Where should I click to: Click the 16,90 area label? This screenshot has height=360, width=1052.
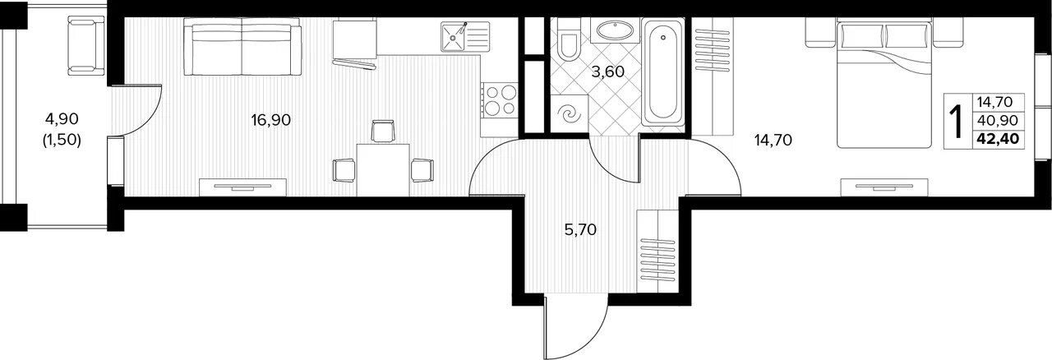click(270, 120)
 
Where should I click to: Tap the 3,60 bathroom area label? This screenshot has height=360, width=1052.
click(607, 72)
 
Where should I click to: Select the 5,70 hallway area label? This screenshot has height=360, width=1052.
click(580, 230)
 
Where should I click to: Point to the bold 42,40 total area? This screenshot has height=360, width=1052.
click(998, 140)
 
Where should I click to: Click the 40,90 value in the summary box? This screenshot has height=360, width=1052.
click(998, 121)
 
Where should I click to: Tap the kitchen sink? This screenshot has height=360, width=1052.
click(465, 36)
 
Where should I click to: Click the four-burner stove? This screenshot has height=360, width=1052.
click(499, 105)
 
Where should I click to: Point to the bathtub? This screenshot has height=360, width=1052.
click(662, 72)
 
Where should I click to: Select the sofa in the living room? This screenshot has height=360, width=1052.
click(242, 47)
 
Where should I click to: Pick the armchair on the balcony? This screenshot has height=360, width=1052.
click(86, 45)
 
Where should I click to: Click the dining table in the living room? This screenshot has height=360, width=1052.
click(383, 169)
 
